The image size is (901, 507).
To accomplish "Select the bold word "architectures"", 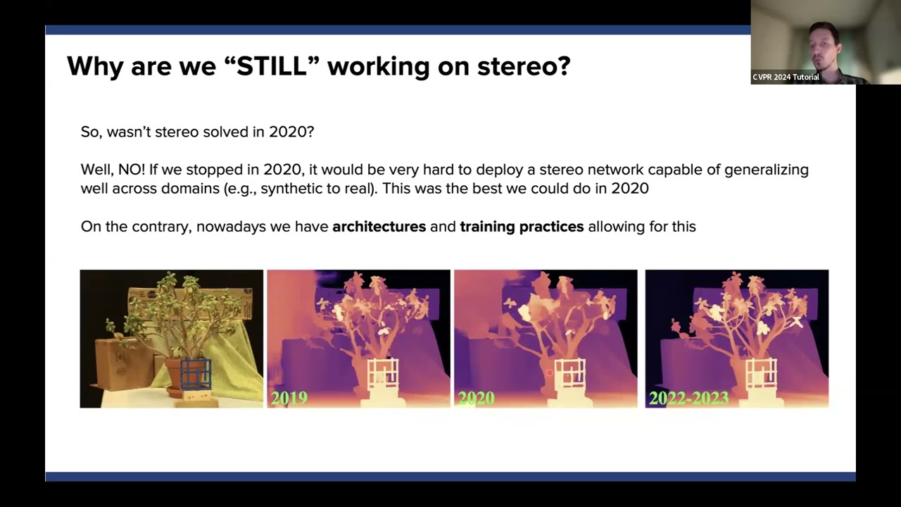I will (379, 227).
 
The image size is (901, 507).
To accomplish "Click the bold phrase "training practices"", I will (522, 227).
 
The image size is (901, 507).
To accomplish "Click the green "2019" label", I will (289, 398).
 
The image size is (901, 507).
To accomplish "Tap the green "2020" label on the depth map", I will (476, 398).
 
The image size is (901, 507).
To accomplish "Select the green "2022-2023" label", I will (688, 398).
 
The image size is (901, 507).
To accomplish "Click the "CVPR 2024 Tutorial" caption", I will (786, 77).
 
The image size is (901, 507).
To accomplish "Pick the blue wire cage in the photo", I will (196, 374).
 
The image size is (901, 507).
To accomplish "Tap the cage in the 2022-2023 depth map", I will (761, 373).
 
